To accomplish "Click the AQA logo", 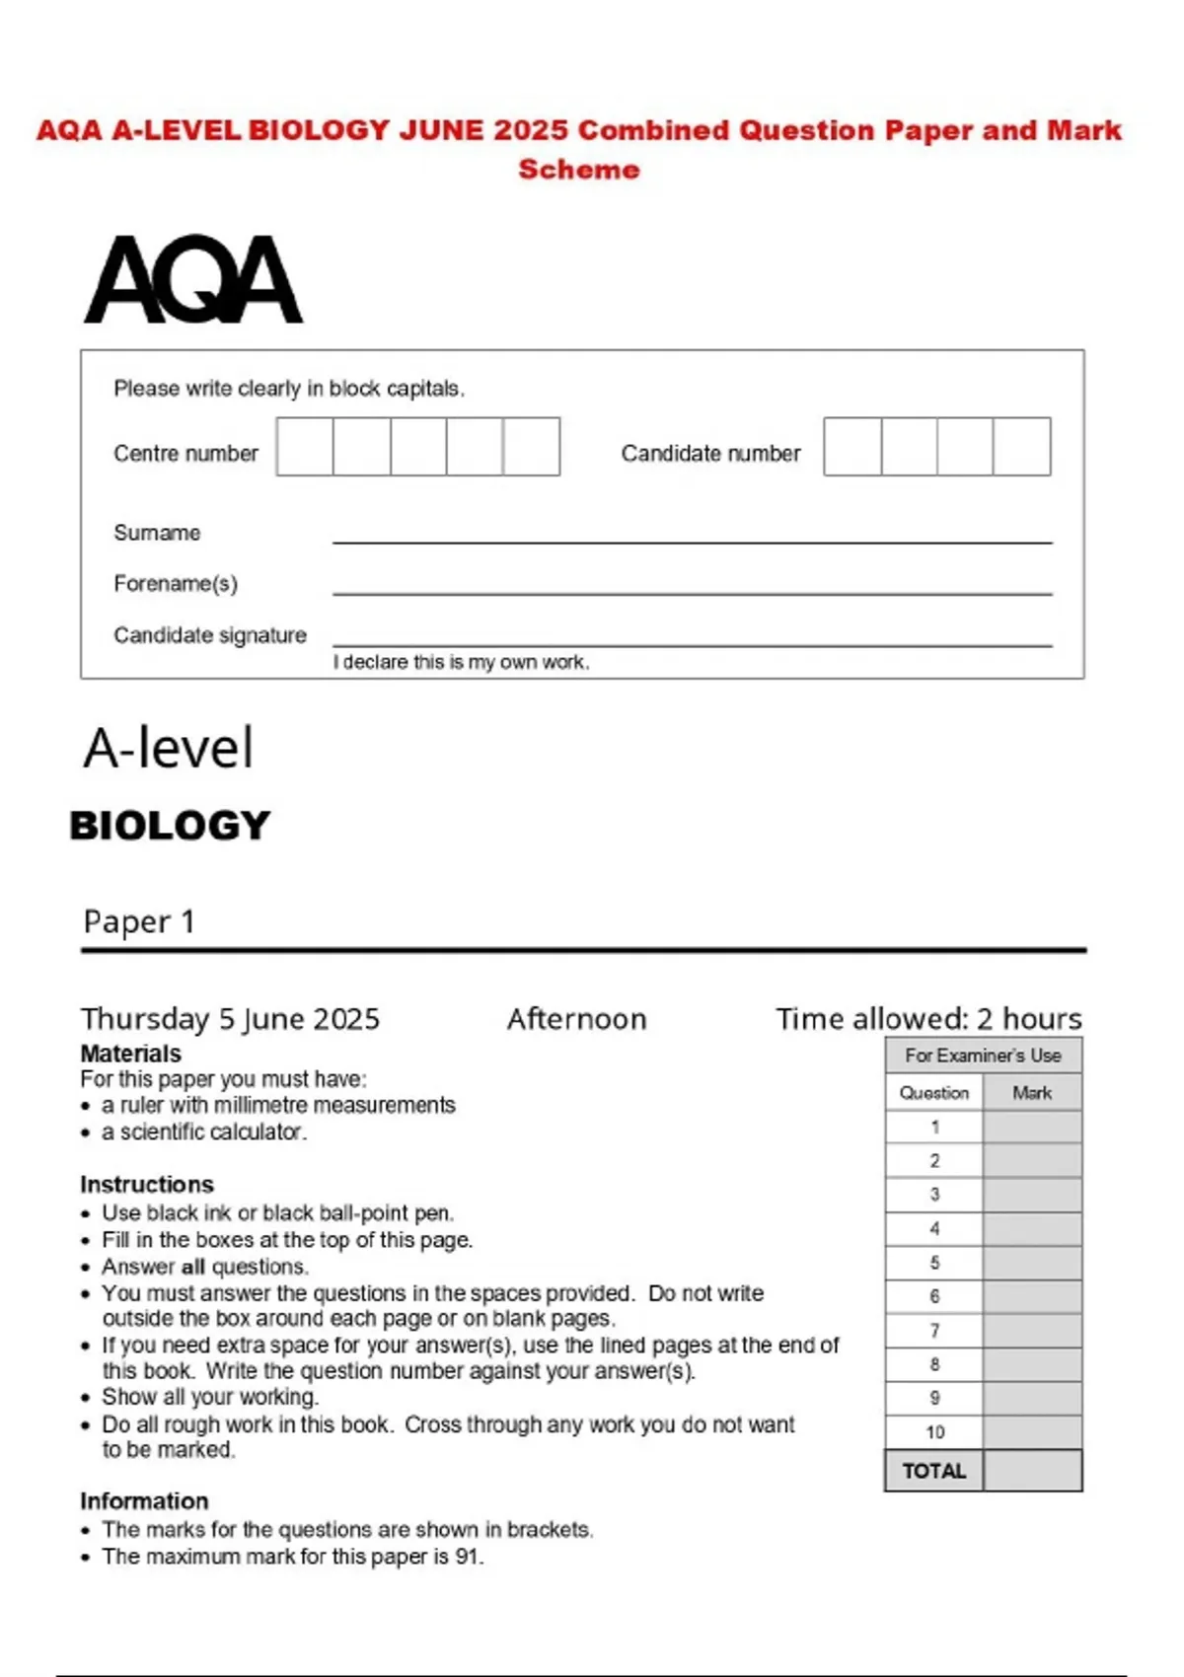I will [x=193, y=279].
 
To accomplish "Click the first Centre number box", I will [x=305, y=447].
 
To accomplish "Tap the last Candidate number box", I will [x=1021, y=447].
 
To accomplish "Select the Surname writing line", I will [x=692, y=539].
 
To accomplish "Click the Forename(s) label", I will [x=176, y=584].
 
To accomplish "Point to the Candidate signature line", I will [x=692, y=642].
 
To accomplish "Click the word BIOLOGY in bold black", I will [x=170, y=826].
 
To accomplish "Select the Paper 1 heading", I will [x=139, y=921].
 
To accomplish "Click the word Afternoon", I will [x=576, y=1019].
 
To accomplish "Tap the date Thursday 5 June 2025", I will [x=230, y=1019].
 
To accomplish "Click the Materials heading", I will [x=130, y=1054].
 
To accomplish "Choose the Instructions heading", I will [x=146, y=1185].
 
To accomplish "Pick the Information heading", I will [x=144, y=1501].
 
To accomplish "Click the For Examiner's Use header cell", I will [x=983, y=1056].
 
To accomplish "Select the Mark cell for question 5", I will [x=1032, y=1264].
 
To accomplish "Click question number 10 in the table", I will [x=934, y=1432].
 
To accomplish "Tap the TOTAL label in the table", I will [x=933, y=1471].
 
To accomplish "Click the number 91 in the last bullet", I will [x=468, y=1557].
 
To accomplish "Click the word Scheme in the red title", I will [x=579, y=170].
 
